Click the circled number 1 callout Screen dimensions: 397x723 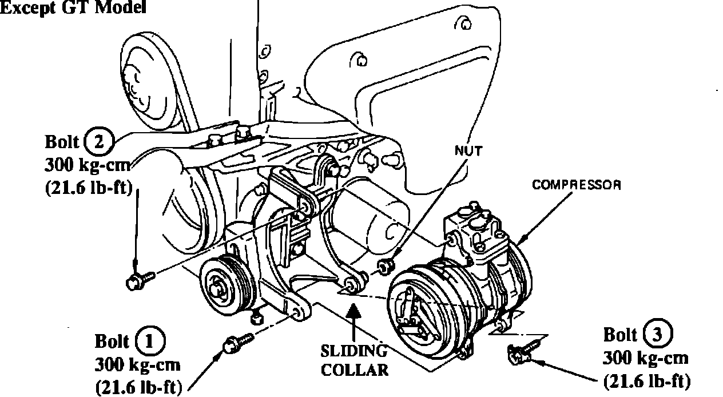pos(150,342)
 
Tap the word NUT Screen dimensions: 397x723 pos(468,151)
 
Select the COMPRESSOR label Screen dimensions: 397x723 pos(577,185)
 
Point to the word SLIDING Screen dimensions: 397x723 pos(353,350)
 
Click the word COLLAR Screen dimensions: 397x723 pos(355,370)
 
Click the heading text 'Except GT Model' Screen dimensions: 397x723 pos(73,7)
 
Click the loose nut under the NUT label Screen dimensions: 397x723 pos(385,265)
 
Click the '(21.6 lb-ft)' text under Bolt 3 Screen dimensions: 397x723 pos(647,379)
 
